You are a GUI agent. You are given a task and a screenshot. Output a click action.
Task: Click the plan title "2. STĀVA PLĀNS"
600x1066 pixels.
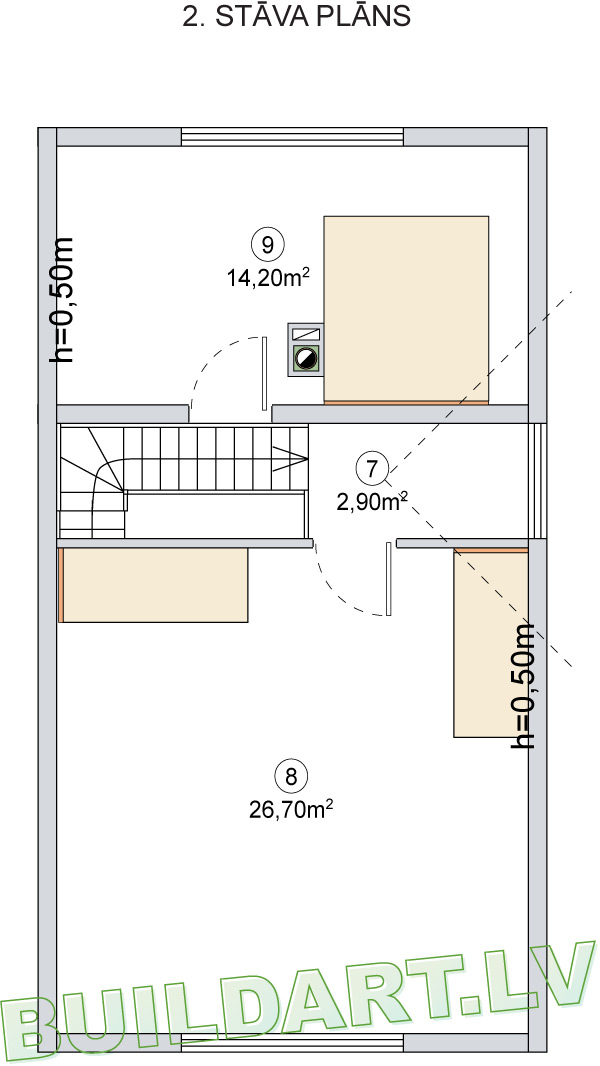296,16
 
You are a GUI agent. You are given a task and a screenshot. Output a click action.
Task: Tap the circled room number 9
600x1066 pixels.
267,244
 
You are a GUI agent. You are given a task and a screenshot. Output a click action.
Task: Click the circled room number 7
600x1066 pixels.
372,468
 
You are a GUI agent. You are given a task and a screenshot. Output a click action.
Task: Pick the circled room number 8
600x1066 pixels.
291,776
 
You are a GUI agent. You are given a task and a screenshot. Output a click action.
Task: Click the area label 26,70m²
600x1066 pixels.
291,809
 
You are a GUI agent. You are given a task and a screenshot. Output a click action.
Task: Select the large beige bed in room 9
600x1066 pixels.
406,310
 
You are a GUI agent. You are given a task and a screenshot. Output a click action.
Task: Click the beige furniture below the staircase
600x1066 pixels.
154,585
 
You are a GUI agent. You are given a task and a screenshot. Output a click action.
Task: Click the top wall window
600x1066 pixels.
292,137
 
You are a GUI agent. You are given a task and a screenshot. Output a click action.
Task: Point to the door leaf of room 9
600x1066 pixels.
264,373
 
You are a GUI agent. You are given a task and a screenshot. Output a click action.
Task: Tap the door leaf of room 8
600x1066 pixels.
389,579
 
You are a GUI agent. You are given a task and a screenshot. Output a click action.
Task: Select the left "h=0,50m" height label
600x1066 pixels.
62,300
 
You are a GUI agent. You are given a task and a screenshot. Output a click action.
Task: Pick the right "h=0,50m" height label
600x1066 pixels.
523,686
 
